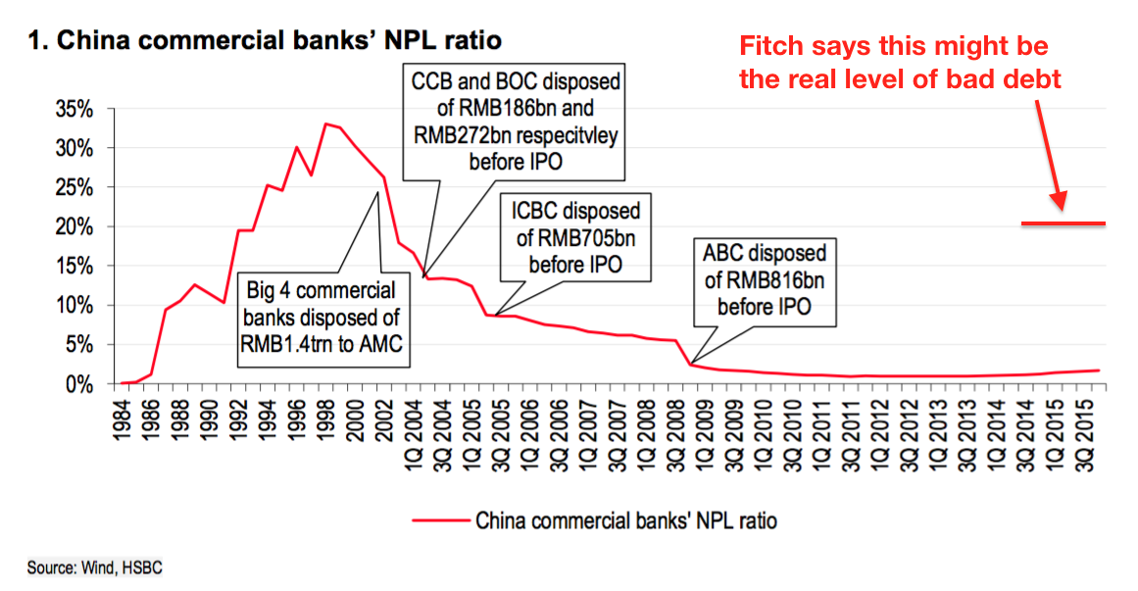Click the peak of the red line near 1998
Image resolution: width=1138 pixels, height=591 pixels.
click(325, 123)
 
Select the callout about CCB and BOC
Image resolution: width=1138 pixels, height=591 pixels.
click(515, 121)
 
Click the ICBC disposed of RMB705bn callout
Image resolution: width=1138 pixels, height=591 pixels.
click(574, 236)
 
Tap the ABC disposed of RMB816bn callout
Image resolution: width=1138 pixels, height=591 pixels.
click(764, 279)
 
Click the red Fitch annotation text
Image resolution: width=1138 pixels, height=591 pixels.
click(900, 62)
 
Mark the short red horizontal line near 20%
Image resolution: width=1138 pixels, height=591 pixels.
click(1063, 223)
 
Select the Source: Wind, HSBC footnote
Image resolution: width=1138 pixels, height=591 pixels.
click(87, 567)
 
